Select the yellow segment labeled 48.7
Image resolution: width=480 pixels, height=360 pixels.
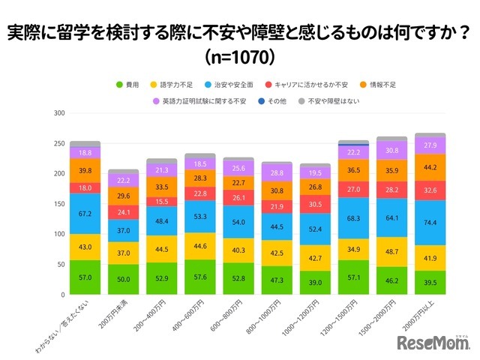click(392, 252)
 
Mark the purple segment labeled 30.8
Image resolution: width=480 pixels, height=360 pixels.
click(392, 150)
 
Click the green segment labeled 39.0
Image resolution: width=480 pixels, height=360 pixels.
click(316, 283)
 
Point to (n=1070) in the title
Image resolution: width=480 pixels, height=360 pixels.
click(239, 56)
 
